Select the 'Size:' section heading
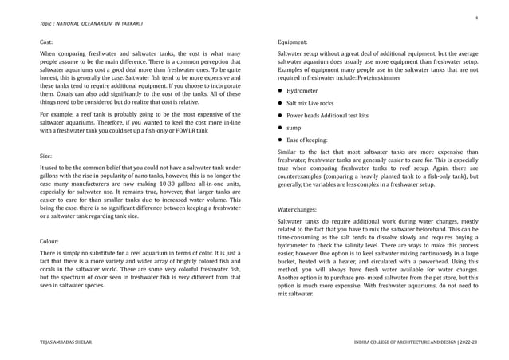coord(45,157)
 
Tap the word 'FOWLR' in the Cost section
coord(187,130)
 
